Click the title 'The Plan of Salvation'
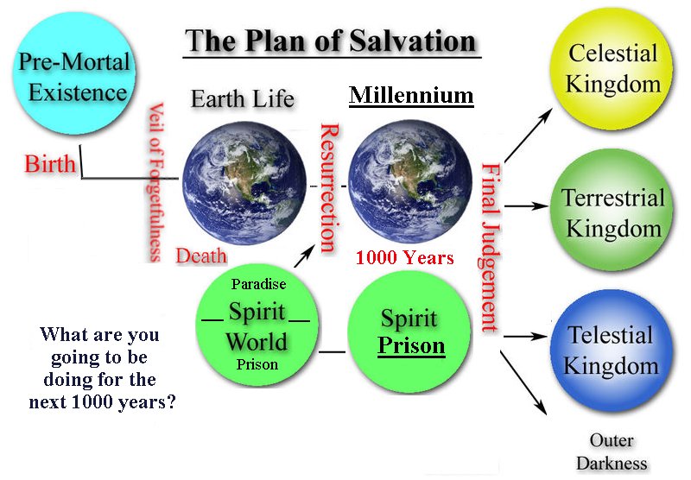pos(331,41)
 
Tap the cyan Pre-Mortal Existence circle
pos(74,74)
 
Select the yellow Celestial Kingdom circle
pos(612,68)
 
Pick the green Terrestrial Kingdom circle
pos(612,211)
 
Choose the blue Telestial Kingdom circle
pos(612,351)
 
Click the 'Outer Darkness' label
pos(612,452)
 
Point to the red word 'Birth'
pos(50,164)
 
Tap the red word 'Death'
pos(201,256)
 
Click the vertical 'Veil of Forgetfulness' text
pos(155,182)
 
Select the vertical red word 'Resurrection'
pos(329,188)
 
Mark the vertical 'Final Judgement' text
pos(490,247)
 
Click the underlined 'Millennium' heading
pos(411,96)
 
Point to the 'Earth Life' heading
pos(243,98)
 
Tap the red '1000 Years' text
pos(404,257)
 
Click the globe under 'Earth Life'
pos(244,183)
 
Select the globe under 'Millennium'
pos(410,181)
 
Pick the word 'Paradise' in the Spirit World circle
pos(258,284)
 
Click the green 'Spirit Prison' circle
pos(409,332)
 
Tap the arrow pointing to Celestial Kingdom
pos(528,136)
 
